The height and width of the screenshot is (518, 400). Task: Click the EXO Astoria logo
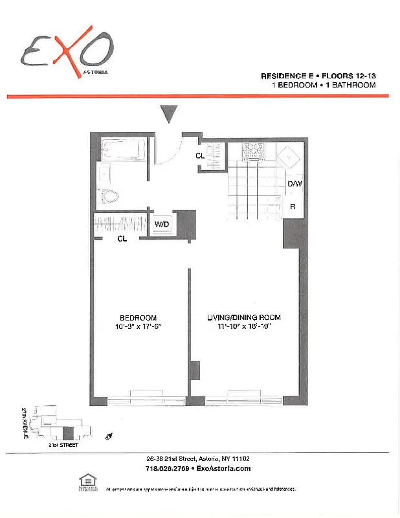pos(67,50)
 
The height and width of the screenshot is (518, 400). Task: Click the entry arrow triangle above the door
pos(169,114)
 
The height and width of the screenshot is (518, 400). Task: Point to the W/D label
pos(162,225)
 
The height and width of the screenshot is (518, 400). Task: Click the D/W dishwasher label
pos(294,184)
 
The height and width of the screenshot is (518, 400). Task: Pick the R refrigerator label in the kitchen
pos(293,207)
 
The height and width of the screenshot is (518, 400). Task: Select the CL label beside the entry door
pos(200,155)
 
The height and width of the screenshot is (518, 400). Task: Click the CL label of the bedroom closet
pos(122,239)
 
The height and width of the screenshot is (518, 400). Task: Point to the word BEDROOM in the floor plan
pos(138,317)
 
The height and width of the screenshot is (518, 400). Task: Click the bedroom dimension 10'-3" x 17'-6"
pos(138,326)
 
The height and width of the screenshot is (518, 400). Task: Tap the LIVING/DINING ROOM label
pos(243,317)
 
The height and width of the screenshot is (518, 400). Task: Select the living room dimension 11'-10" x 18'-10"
pos(243,326)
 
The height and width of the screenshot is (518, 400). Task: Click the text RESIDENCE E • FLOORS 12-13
pos(318,76)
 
